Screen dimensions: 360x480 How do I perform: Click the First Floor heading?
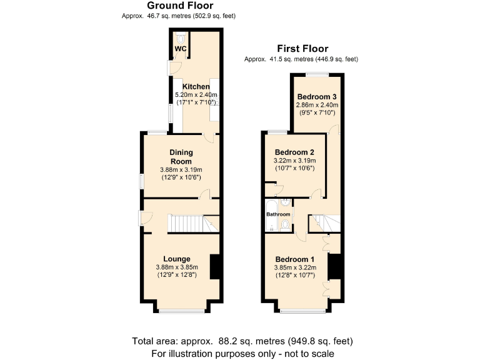click(x=303, y=49)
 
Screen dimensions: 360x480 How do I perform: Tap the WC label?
click(x=181, y=48)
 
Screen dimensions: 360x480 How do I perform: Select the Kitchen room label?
click(x=196, y=86)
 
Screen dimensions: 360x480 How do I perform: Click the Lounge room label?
click(x=177, y=259)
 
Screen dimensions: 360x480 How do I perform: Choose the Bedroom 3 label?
click(x=317, y=97)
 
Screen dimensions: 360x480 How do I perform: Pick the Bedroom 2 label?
click(x=294, y=152)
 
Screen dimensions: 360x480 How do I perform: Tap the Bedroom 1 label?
click(x=295, y=259)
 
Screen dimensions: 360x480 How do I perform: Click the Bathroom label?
click(x=278, y=214)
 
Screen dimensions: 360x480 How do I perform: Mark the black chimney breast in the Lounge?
click(x=214, y=267)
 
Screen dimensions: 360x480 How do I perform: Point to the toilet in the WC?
click(x=180, y=37)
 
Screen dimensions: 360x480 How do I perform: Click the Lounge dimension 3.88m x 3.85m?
click(x=177, y=267)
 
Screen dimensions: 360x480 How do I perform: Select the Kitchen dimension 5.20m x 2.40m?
click(x=196, y=94)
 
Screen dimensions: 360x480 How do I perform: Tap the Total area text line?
click(x=242, y=341)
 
